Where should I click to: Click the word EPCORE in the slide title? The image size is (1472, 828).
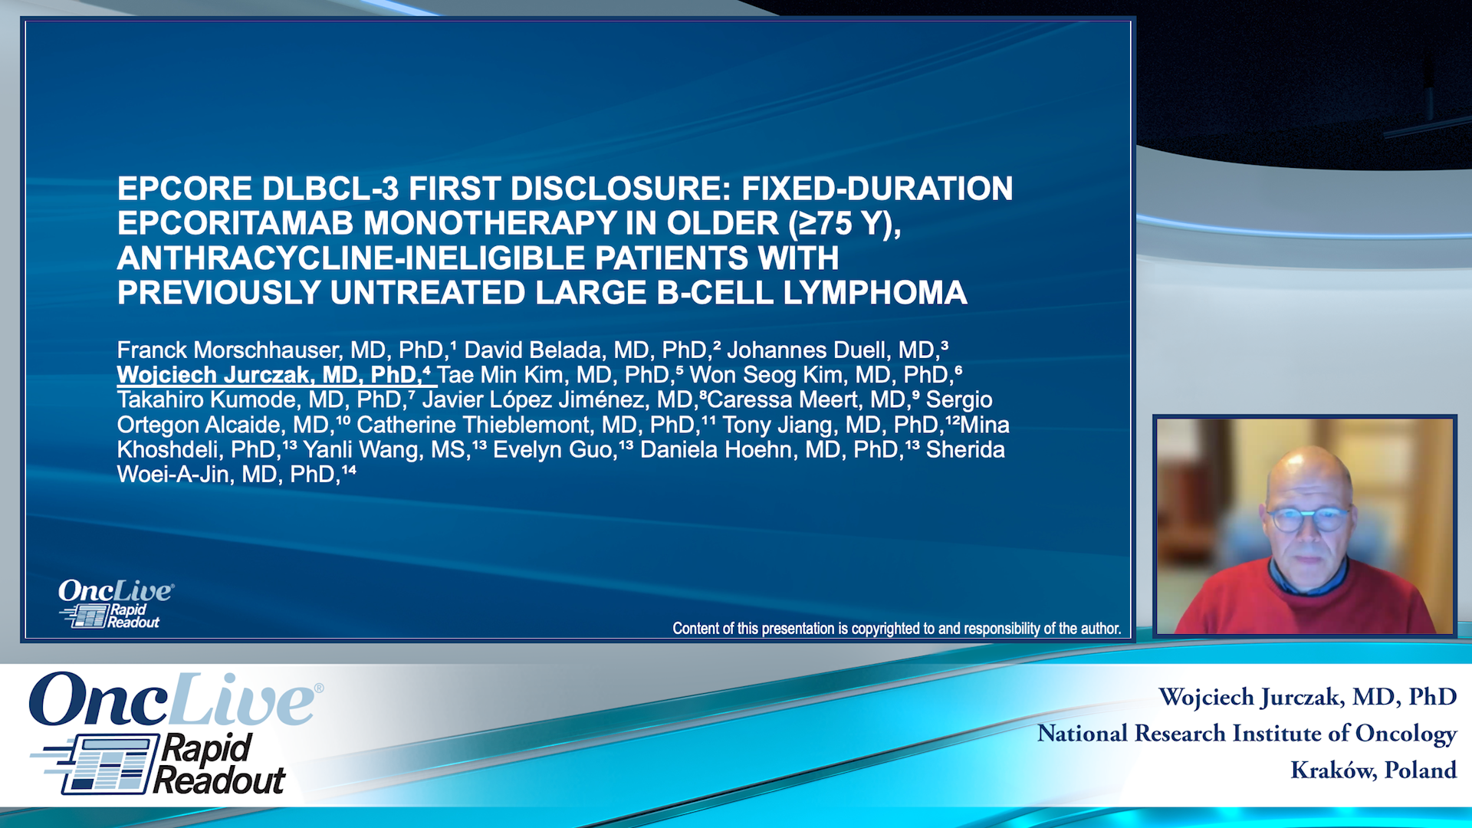coord(185,189)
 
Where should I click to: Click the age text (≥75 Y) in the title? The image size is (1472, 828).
coord(845,224)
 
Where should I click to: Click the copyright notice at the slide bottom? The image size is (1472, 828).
coord(897,629)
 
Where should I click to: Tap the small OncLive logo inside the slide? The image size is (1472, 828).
coord(116,603)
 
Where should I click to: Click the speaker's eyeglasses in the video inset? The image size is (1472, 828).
coord(1309,519)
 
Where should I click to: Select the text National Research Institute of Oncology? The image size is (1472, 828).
coord(1247,734)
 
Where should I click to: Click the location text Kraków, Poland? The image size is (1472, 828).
coord(1373,770)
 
